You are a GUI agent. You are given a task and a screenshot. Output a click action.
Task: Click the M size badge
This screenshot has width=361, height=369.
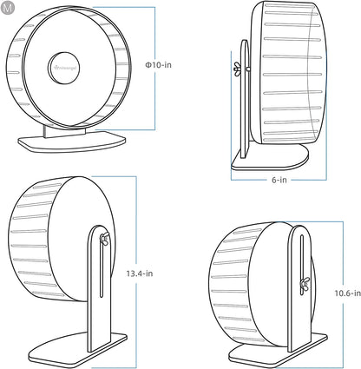(x=8, y=8)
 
